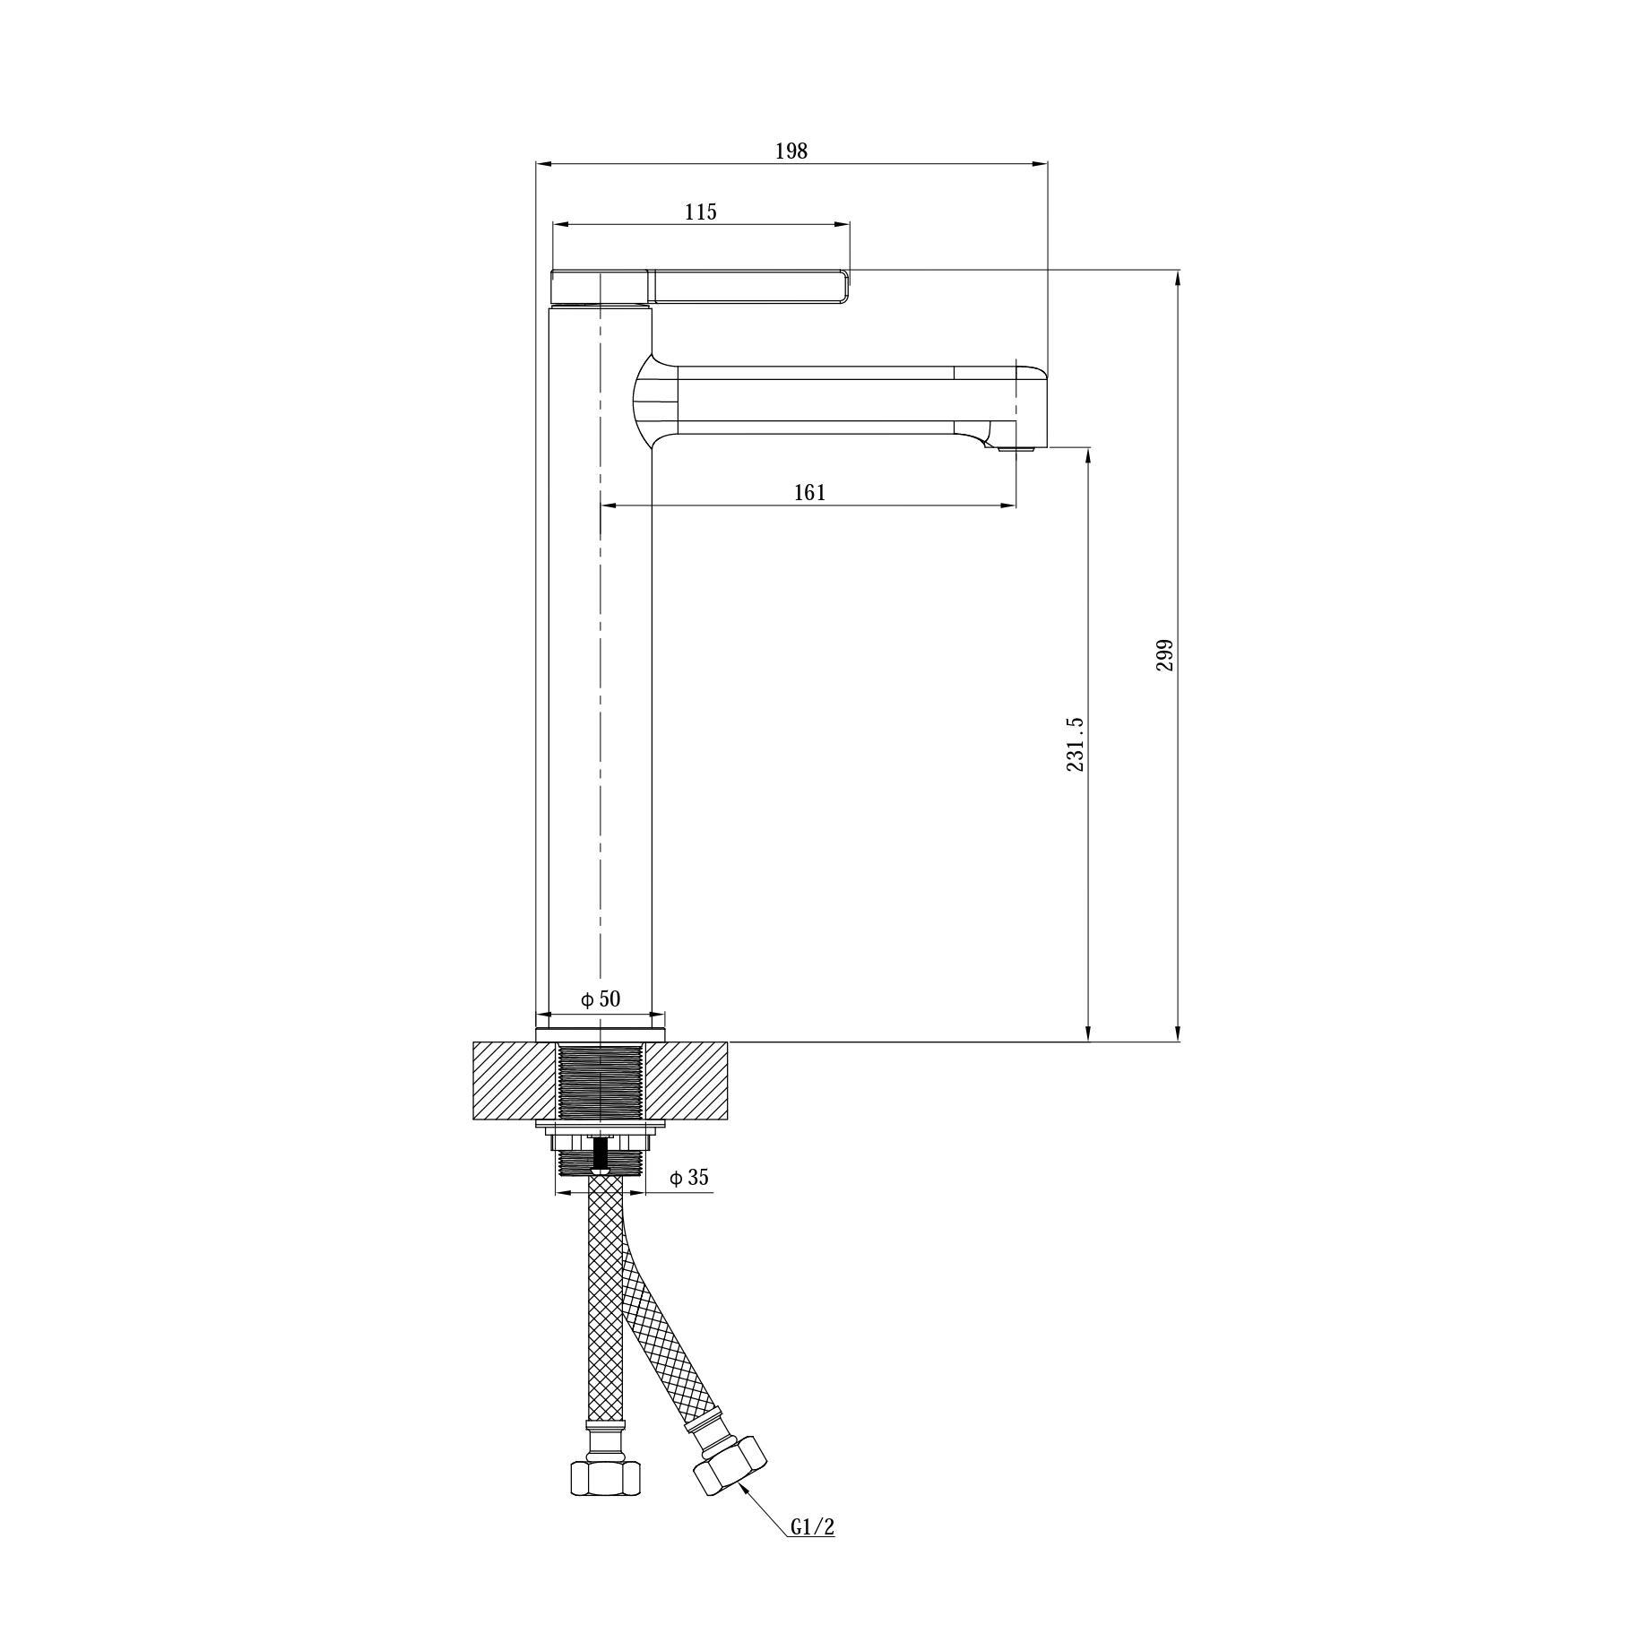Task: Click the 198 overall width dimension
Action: pyautogui.click(x=791, y=151)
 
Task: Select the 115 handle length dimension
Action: pyautogui.click(x=701, y=212)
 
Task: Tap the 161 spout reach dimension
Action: pyautogui.click(x=809, y=493)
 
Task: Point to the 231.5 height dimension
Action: pyautogui.click(x=1076, y=744)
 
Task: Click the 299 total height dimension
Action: pyautogui.click(x=1164, y=655)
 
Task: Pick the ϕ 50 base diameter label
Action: pyautogui.click(x=600, y=998)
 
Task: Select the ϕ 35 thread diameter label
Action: pyautogui.click(x=689, y=1178)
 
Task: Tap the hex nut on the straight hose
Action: pyautogui.click(x=605, y=1502)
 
